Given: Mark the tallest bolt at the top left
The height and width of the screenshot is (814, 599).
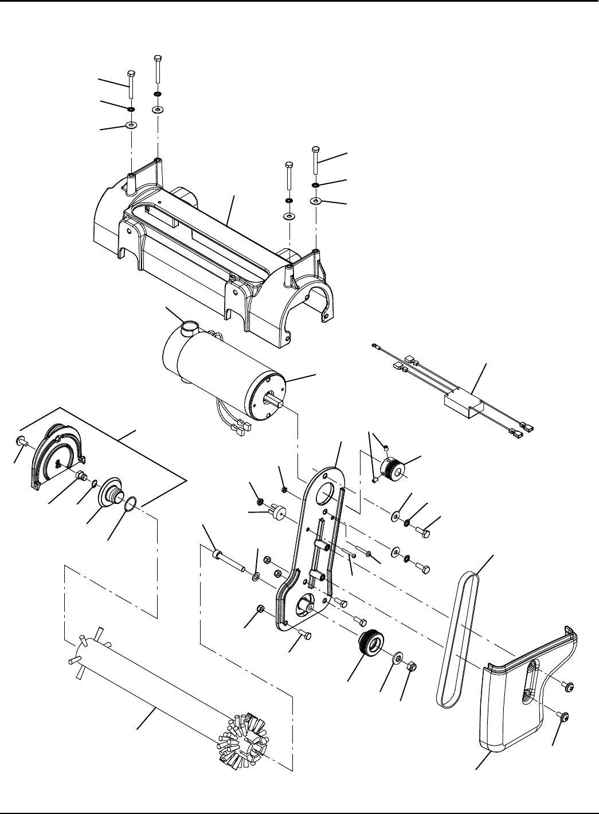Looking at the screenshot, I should coord(158,72).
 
